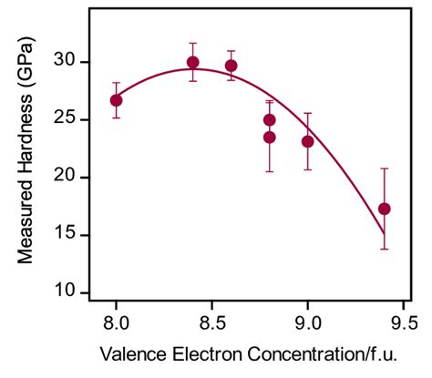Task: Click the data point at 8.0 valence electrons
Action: tap(116, 100)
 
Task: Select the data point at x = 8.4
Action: tap(192, 63)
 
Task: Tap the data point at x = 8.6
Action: tap(231, 66)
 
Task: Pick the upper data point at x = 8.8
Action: tap(270, 119)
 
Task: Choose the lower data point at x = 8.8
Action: tap(270, 138)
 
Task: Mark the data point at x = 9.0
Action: tap(308, 141)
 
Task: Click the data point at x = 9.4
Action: tap(385, 209)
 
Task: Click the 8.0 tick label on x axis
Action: tap(116, 321)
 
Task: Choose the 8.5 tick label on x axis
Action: tap(211, 321)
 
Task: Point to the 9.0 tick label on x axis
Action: tap(308, 321)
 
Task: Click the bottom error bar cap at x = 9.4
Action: tap(385, 249)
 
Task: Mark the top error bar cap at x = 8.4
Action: tap(192, 43)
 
